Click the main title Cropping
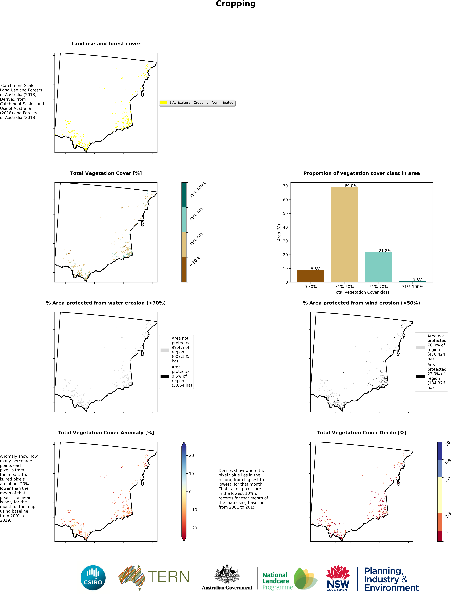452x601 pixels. tap(235, 4)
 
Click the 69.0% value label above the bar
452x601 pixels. tap(351, 186)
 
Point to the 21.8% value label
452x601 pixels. tap(385, 251)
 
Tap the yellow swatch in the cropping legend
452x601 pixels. tap(163, 102)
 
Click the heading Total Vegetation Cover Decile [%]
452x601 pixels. tap(361, 433)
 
